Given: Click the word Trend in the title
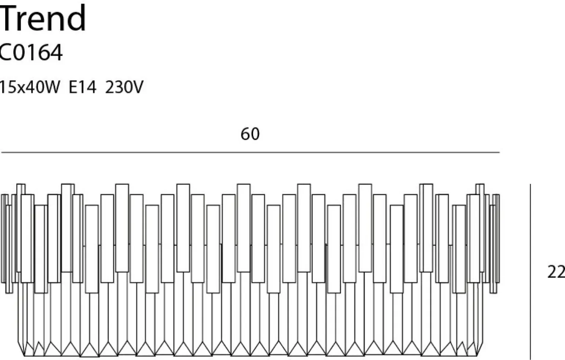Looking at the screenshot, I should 43,18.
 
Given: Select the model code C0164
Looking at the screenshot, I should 31,52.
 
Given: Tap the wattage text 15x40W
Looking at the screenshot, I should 29,88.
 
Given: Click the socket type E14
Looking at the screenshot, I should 82,88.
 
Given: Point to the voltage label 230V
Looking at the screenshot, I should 124,88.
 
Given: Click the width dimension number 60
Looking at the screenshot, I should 250,134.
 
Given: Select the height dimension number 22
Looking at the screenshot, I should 555,272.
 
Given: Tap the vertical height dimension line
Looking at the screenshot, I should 531,271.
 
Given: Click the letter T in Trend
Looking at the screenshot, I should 8,18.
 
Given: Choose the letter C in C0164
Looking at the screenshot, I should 4,52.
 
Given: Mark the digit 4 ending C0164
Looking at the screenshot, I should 56,52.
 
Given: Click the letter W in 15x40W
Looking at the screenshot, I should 51,88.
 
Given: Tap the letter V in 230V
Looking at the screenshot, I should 137,88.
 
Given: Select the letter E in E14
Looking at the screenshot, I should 73,88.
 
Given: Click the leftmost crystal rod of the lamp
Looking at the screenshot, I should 4,238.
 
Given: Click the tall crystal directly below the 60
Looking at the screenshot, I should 244,227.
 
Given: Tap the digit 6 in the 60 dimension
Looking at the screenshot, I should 245,134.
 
